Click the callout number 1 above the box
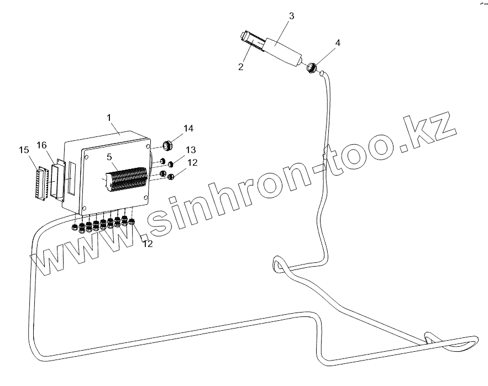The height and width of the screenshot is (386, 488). tap(109, 118)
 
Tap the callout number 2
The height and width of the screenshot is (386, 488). tap(241, 67)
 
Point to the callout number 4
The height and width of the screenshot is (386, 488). tap(338, 43)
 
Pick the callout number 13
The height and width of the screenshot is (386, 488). tap(190, 150)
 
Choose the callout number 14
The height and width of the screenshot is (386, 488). tap(188, 129)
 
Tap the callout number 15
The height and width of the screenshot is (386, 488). tap(24, 150)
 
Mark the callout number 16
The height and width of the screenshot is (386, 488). tap(42, 145)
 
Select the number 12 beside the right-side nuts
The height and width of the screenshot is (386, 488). tap(191, 162)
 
